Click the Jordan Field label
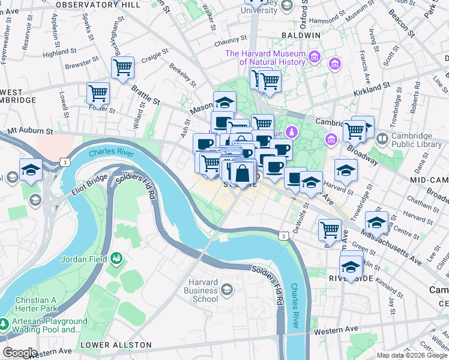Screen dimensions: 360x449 [x=83, y=259]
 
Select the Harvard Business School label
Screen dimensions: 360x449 [x=200, y=290]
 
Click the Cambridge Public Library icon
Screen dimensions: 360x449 [x=382, y=139]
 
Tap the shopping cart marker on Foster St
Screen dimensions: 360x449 [x=98, y=94]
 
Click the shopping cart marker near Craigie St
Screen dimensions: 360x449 [x=122, y=68]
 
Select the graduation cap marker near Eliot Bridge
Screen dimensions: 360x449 [x=31, y=170]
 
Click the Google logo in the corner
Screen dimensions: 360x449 [x=19, y=353]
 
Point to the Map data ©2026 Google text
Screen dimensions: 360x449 [x=411, y=355]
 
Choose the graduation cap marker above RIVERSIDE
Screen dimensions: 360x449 [x=351, y=266]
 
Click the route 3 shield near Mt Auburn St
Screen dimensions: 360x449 [x=64, y=162]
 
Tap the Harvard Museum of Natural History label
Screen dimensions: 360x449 [x=265, y=58]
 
